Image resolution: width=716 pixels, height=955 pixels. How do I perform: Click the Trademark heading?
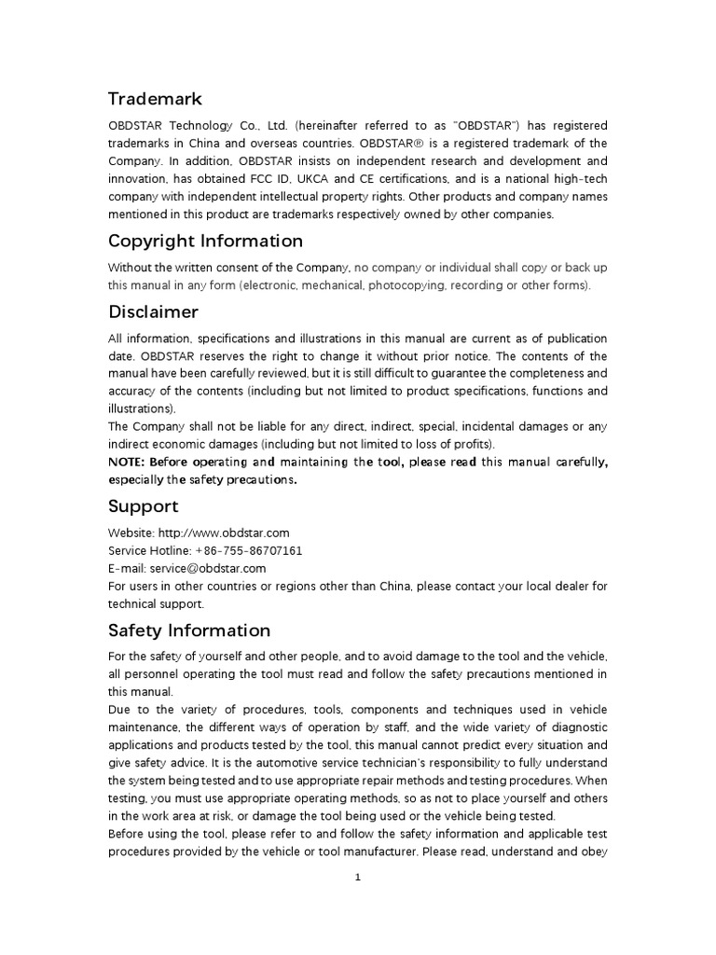[155, 99]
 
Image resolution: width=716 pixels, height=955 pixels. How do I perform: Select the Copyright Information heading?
[205, 242]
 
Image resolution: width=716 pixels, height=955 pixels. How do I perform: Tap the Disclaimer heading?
[153, 311]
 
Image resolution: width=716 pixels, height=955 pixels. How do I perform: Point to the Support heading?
[143, 506]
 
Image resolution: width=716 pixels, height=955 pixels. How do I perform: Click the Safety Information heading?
[189, 630]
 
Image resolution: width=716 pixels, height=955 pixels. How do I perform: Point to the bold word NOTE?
[127, 463]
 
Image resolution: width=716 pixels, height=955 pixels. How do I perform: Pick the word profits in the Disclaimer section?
[475, 445]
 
